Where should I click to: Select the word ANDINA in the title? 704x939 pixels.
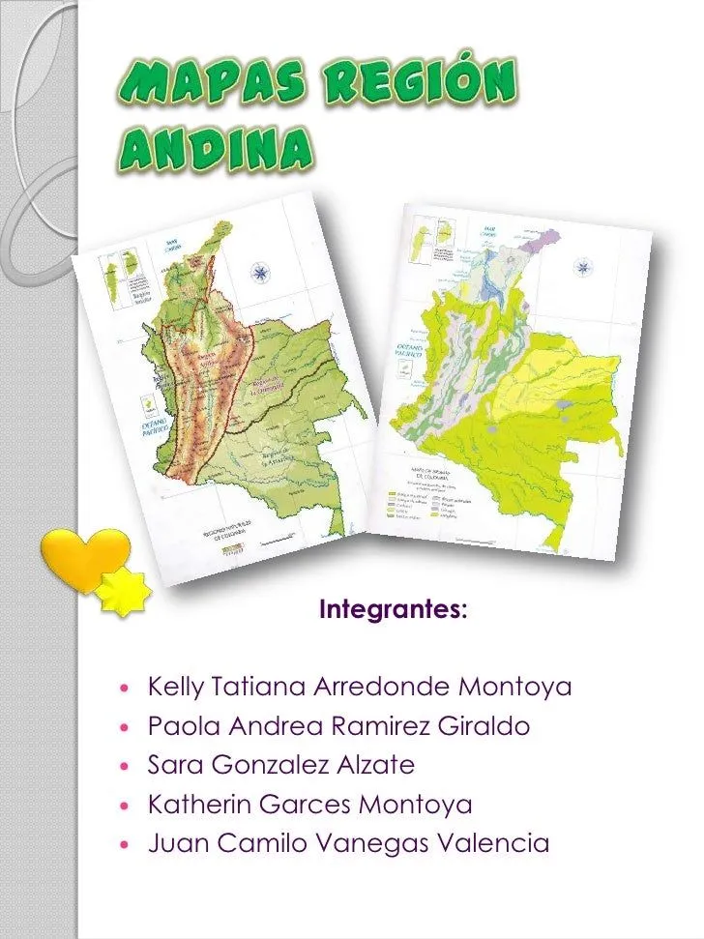pyautogui.click(x=218, y=148)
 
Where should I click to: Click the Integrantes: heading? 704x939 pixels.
pyautogui.click(x=394, y=610)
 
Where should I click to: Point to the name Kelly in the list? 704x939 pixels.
pyautogui.click(x=175, y=688)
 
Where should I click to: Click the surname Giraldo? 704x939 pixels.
pyautogui.click(x=485, y=726)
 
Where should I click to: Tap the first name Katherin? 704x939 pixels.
pyautogui.click(x=200, y=804)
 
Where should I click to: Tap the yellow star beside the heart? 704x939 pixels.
pyautogui.click(x=125, y=591)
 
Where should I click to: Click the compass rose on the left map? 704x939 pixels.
pyautogui.click(x=259, y=273)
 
